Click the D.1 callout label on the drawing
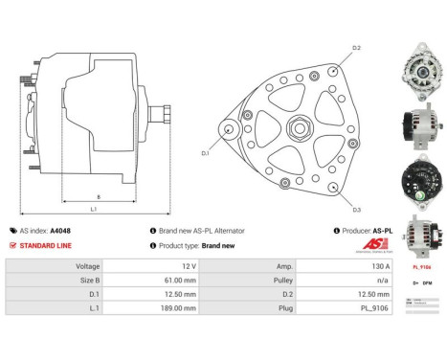[x=205, y=152]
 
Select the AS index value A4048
[x=58, y=231]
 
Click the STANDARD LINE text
[x=45, y=245]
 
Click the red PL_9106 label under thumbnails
[x=419, y=268]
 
